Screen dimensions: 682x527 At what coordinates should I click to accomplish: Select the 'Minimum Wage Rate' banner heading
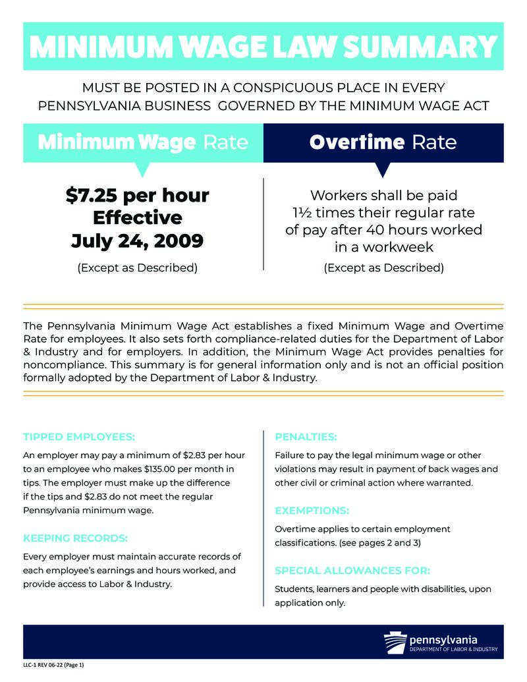click(x=143, y=142)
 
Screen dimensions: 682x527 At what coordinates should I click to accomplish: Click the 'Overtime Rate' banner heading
click(x=383, y=142)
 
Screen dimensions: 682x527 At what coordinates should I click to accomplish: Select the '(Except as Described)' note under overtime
click(x=383, y=268)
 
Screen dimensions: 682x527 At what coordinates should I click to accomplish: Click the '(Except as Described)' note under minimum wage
click(x=137, y=268)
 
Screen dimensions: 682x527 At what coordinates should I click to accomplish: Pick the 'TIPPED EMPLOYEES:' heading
click(x=79, y=436)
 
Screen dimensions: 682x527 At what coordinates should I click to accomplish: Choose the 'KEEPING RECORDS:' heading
click(x=75, y=538)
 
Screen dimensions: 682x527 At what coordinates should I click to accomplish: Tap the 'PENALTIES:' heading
click(x=306, y=436)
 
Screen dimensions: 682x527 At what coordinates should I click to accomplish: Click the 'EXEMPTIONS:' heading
click(x=312, y=511)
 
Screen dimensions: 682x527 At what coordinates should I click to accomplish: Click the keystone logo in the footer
click(x=395, y=642)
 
